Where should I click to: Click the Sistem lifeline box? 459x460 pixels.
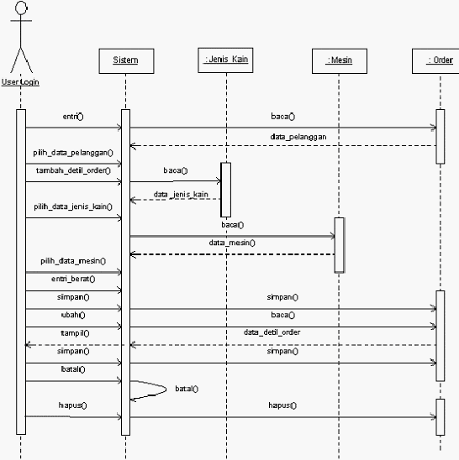(126, 61)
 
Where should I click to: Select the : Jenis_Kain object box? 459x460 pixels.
(225, 60)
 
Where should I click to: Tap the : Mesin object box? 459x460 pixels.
(340, 61)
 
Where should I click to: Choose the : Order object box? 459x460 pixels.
(435, 61)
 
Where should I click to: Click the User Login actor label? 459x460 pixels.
(20, 82)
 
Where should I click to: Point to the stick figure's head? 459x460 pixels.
(21, 8)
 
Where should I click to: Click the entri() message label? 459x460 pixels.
(73, 117)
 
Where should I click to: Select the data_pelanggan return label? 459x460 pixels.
(298, 137)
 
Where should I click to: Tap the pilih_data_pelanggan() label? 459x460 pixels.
(73, 153)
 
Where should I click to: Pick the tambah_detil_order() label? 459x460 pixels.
(73, 170)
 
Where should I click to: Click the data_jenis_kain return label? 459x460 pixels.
(181, 194)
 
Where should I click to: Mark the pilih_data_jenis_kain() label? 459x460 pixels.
(73, 206)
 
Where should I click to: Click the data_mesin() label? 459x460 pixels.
(232, 243)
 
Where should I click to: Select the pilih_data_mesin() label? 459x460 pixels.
(73, 261)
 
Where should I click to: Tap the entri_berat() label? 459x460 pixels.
(73, 279)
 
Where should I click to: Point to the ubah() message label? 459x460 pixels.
(73, 315)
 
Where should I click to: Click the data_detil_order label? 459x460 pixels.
(272, 332)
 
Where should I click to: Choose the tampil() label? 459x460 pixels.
(75, 333)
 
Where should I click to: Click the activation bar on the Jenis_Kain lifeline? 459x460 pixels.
(225, 190)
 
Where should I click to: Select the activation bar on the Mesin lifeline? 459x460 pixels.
(340, 245)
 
